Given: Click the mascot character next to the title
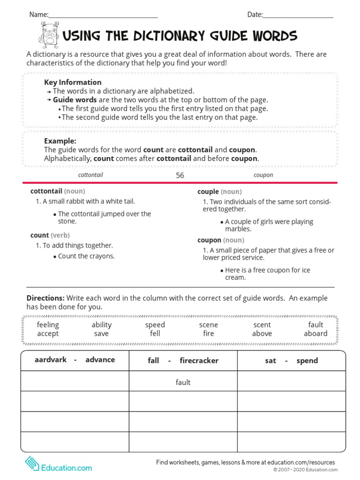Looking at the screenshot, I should [x=49, y=36].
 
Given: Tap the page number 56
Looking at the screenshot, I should [x=180, y=175].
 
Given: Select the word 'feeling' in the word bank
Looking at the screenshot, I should [x=48, y=325].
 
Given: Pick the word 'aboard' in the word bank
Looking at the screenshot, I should [x=315, y=334].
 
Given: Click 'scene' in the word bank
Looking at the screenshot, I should [x=209, y=325].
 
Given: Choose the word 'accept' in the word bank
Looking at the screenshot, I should [x=48, y=334].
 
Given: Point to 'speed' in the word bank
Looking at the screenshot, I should [x=155, y=325].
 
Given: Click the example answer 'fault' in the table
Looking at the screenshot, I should [x=183, y=382].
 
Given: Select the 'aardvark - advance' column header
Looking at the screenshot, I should [x=75, y=360].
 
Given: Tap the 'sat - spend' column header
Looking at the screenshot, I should [x=291, y=360].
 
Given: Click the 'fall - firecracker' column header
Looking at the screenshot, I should [x=183, y=360].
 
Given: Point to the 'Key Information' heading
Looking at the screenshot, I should [x=73, y=82].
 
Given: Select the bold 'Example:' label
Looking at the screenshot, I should [x=60, y=141].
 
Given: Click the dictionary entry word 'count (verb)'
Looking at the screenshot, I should [x=50, y=235].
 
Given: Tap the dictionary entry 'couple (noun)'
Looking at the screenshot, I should [x=219, y=192].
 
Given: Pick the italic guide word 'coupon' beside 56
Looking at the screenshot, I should [x=263, y=175].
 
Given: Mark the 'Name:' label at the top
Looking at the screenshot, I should [x=39, y=15].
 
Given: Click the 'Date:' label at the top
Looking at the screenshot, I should [x=255, y=15].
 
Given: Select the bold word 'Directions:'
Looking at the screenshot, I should [x=45, y=298].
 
